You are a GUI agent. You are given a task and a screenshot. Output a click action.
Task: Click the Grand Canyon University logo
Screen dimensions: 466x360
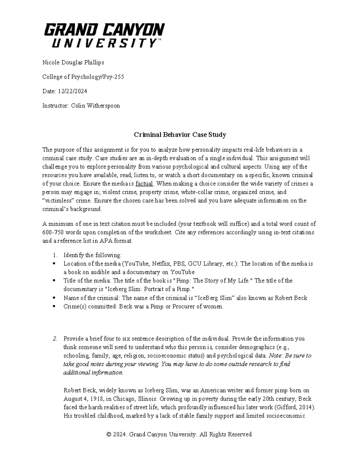pos(104,35)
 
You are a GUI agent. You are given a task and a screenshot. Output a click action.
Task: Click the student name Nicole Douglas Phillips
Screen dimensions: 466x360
pos(73,62)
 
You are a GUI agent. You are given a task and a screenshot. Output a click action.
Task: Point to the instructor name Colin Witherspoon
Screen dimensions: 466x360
pos(95,106)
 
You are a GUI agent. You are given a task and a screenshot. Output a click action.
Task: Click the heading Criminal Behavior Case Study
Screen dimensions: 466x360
pos(180,135)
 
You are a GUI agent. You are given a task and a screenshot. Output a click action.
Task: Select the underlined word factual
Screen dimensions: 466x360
pos(144,184)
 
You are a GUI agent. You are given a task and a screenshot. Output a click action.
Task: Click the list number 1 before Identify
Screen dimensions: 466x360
pos(54,255)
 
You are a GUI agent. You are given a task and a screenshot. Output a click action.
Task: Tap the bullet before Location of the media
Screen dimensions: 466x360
pos(54,264)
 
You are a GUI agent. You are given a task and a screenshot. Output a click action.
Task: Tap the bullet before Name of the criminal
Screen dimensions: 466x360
pos(54,298)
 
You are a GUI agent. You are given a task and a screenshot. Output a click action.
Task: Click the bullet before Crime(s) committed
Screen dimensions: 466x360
pos(54,307)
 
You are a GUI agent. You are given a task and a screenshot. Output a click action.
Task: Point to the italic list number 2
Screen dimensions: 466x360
pos(55,339)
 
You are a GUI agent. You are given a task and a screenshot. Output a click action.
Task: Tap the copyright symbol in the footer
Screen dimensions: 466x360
pos(109,434)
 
